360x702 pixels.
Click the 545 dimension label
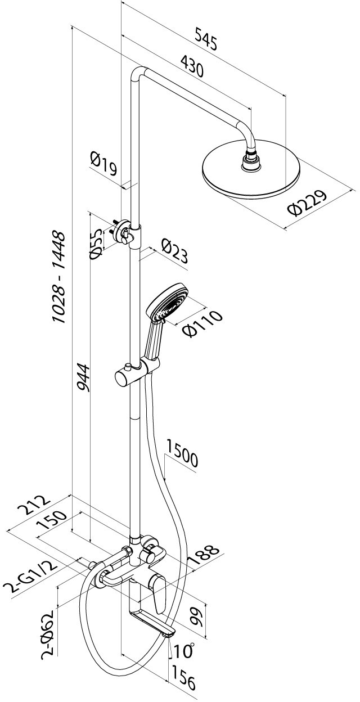[x=206, y=39]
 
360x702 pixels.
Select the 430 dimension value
[x=192, y=66]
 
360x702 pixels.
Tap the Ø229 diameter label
[x=307, y=202]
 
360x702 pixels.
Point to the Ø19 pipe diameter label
[x=103, y=163]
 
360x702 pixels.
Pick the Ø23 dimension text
[x=175, y=251]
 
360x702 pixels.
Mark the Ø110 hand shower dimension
[x=202, y=323]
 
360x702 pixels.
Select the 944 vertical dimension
[x=83, y=377]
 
